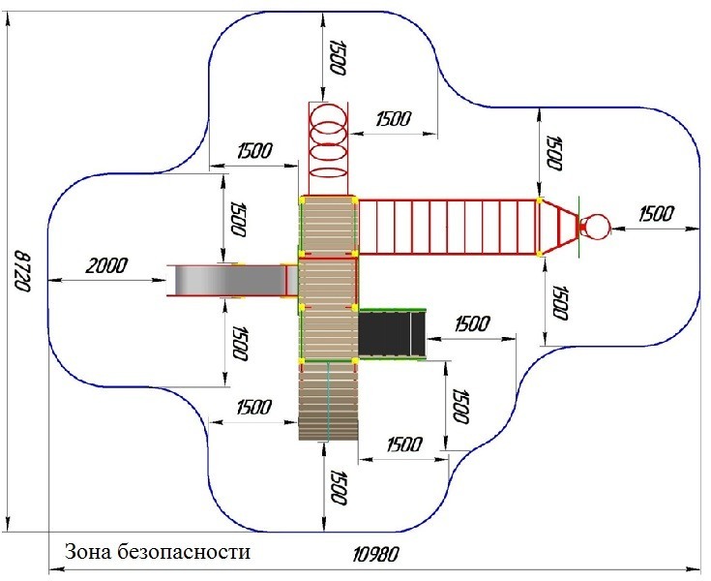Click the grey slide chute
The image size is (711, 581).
point(227,280)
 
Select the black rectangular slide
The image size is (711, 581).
point(392,333)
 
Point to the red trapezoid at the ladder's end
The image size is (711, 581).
point(557,228)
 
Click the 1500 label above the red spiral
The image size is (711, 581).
point(337,58)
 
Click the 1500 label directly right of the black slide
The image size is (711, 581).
point(470,323)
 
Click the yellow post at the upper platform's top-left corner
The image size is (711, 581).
point(301,199)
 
